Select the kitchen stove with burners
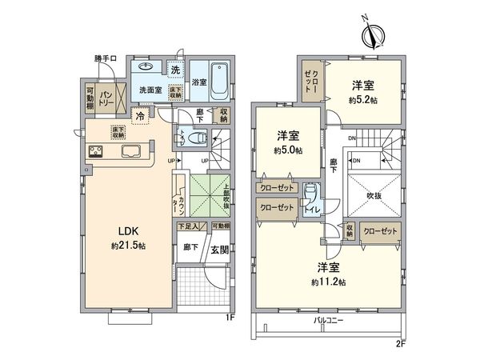[x=94, y=151]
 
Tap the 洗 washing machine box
[x=175, y=67]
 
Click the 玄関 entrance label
[x=219, y=250]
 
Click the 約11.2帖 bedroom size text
[x=330, y=282]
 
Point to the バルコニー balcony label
[x=330, y=320]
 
